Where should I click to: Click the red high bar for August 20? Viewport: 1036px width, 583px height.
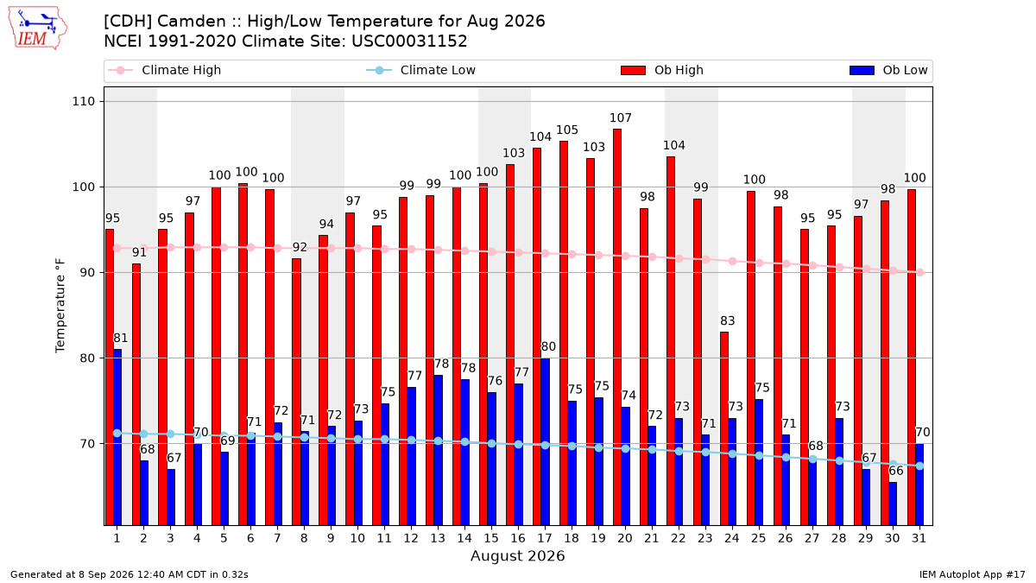click(617, 327)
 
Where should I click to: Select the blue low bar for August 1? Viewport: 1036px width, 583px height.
click(117, 437)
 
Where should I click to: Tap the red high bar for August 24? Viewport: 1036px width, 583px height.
click(724, 428)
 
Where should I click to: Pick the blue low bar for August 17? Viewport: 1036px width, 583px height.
click(546, 441)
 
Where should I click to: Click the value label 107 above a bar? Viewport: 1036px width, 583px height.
click(620, 118)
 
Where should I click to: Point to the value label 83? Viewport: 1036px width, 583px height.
click(728, 320)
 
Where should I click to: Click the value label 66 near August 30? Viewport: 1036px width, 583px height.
click(896, 471)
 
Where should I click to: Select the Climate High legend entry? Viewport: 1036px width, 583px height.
click(164, 70)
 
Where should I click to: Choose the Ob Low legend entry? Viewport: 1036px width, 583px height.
click(888, 70)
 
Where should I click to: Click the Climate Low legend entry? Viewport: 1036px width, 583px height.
click(421, 70)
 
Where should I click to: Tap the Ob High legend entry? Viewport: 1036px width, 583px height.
click(662, 70)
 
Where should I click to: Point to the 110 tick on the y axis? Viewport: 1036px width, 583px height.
click(83, 101)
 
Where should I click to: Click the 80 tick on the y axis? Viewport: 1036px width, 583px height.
click(87, 358)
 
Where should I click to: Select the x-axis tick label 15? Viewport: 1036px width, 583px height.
click(491, 538)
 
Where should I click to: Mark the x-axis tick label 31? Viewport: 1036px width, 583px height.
click(919, 538)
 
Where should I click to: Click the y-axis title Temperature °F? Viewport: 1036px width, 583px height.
click(60, 306)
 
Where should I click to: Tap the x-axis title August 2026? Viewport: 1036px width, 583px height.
click(517, 555)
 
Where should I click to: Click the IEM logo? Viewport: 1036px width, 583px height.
click(37, 29)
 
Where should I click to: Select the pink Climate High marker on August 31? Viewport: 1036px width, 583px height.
click(920, 273)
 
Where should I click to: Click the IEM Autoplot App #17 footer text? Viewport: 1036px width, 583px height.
click(972, 574)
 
